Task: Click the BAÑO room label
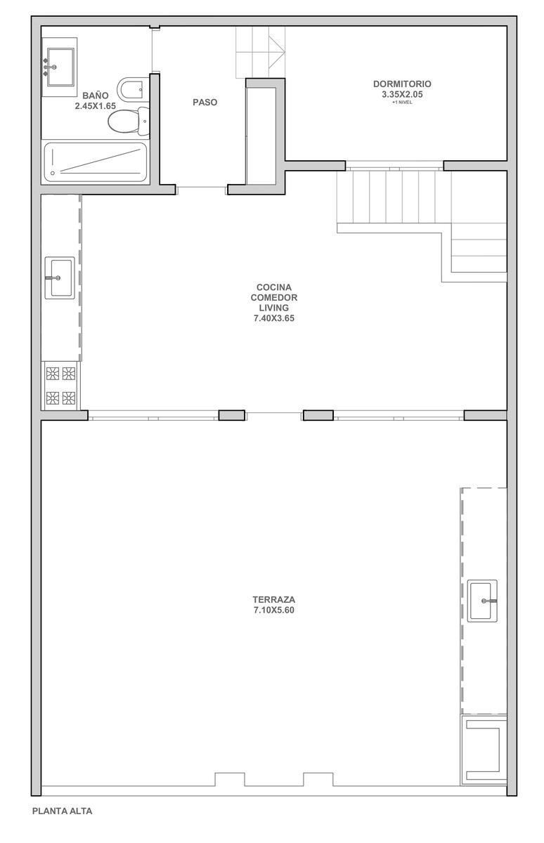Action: [96, 96]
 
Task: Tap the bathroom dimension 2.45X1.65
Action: [96, 106]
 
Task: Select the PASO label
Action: [205, 103]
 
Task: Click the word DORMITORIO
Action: [402, 84]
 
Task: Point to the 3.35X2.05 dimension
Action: [402, 94]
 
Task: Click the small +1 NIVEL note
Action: [402, 103]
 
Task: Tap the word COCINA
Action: [273, 287]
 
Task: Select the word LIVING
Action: [273, 308]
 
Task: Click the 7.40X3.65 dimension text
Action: [273, 318]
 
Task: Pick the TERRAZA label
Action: [273, 599]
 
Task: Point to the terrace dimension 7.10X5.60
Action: [273, 610]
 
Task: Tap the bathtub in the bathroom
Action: [96, 162]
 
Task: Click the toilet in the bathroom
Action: [129, 121]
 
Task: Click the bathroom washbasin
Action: [60, 67]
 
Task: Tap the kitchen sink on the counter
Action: [60, 278]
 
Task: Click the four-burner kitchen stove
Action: [60, 386]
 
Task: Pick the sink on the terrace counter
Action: [482, 601]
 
